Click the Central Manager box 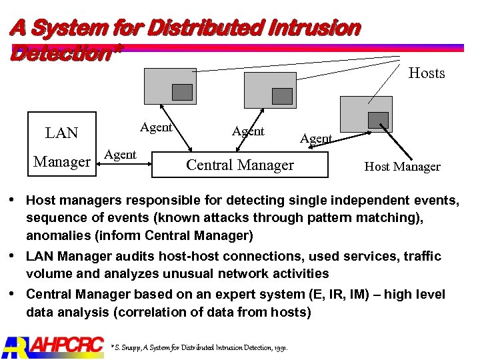pyautogui.click(x=240, y=165)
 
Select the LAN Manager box pyautogui.click(x=61, y=147)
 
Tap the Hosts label pyautogui.click(x=426, y=73)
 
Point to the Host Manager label pyautogui.click(x=402, y=167)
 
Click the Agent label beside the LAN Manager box pyautogui.click(x=121, y=155)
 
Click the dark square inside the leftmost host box pyautogui.click(x=182, y=92)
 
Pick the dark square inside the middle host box pyautogui.click(x=282, y=96)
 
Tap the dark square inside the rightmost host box pyautogui.click(x=379, y=120)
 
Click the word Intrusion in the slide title pyautogui.click(x=317, y=29)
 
